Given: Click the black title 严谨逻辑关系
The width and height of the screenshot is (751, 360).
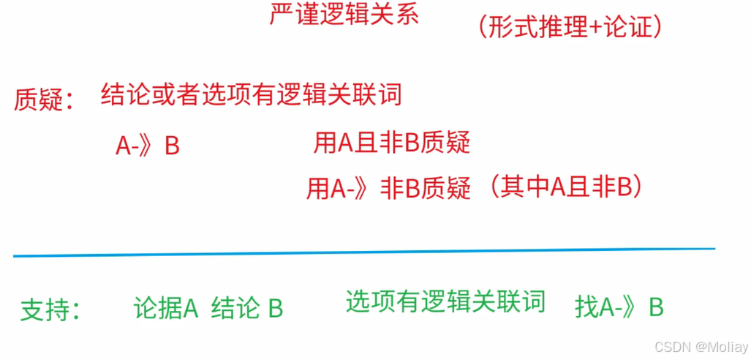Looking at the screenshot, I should pyautogui.click(x=344, y=15).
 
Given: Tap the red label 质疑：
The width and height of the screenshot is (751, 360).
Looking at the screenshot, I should pyautogui.click(x=44, y=100).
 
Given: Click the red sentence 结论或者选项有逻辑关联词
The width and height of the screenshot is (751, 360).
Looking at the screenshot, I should pyautogui.click(x=251, y=95).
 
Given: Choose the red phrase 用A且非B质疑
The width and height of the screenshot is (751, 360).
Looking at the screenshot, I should pyautogui.click(x=391, y=143).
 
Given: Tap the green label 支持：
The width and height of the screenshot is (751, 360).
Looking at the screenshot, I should pyautogui.click(x=50, y=310).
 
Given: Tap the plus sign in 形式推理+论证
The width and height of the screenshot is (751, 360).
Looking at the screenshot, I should pyautogui.click(x=596, y=28).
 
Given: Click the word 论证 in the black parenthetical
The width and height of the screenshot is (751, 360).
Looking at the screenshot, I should pyautogui.click(x=626, y=27).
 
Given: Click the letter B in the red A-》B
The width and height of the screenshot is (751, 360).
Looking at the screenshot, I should pyautogui.click(x=172, y=146).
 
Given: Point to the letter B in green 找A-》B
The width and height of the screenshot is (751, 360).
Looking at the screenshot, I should pyautogui.click(x=656, y=308).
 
